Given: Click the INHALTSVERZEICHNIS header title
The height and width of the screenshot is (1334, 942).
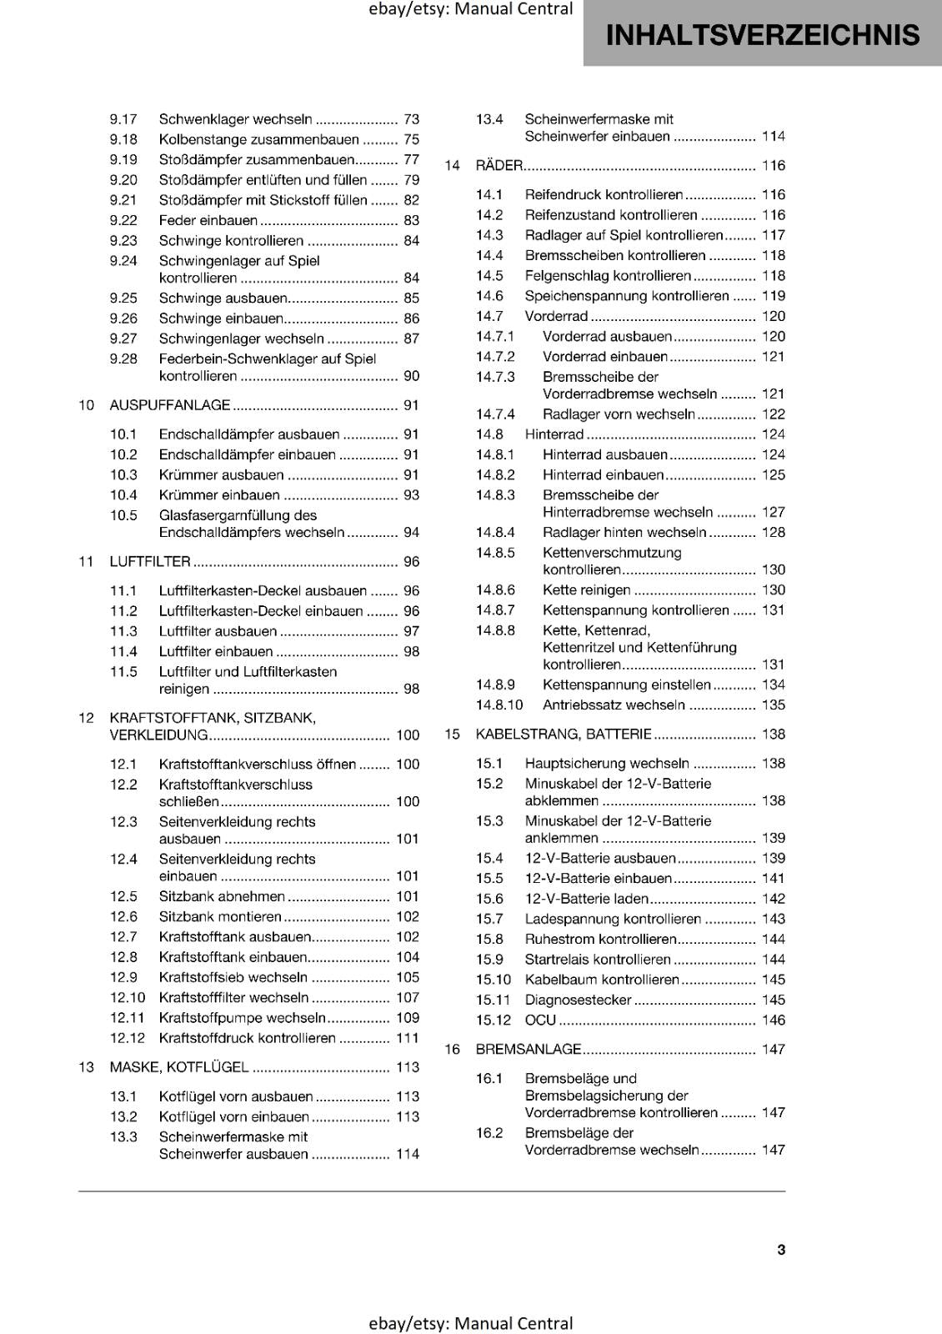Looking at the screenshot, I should [x=762, y=35].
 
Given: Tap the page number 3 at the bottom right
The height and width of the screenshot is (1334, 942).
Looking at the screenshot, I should [x=781, y=1249].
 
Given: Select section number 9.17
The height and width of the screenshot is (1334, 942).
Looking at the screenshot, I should [x=123, y=119].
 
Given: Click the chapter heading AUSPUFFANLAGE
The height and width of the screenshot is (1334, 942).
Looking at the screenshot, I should [x=170, y=405].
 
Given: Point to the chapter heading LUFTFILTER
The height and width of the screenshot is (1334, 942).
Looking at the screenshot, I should [x=150, y=562].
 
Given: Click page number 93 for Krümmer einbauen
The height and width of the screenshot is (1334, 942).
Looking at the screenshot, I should [x=411, y=495].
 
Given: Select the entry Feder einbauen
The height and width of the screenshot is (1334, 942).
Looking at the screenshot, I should [x=208, y=221].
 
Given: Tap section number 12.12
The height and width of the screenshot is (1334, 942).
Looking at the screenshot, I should [x=128, y=1038].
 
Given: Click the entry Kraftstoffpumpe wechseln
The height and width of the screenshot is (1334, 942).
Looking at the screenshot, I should [x=242, y=1018].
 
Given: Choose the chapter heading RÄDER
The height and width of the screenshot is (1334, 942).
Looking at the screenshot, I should [x=499, y=166].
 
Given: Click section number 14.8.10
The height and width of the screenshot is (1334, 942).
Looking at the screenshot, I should [x=499, y=705].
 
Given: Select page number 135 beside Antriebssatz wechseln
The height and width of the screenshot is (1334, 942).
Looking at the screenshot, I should [x=773, y=705].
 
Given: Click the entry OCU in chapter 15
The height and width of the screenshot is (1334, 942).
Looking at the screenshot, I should [x=540, y=1021].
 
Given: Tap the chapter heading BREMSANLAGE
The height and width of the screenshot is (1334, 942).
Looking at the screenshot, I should [x=529, y=1050].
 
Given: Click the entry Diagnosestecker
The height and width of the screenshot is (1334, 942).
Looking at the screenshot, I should [x=578, y=1000].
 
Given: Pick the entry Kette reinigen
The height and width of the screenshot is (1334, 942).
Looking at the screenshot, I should [x=587, y=590].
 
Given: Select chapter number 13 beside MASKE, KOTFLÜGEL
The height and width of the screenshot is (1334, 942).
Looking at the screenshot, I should [x=86, y=1067].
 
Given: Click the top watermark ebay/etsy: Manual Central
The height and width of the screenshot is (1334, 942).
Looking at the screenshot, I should [x=471, y=9].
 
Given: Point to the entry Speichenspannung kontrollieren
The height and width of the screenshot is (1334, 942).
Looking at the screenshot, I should [x=626, y=296].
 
